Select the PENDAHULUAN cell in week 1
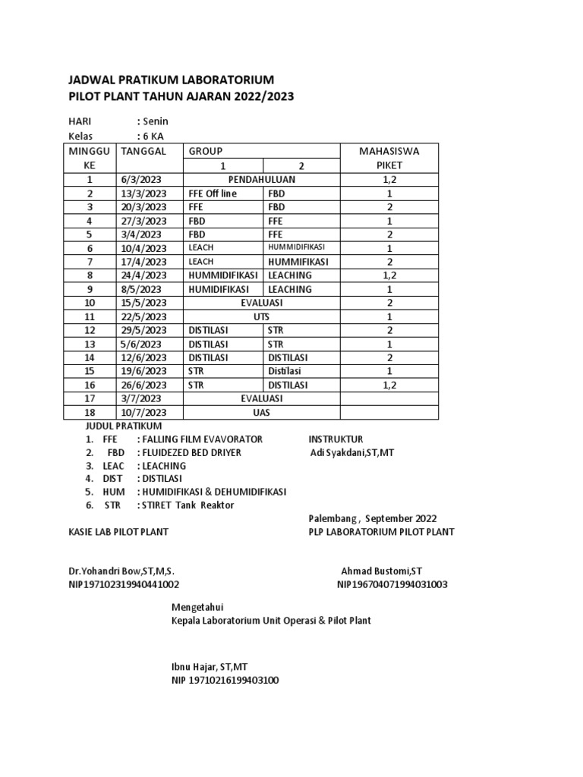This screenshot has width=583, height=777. (263, 180)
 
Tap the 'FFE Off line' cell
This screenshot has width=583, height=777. (213, 193)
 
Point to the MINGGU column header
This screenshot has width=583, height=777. (90, 151)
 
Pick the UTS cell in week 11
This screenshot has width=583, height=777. (263, 316)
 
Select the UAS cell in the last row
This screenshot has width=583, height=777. (263, 412)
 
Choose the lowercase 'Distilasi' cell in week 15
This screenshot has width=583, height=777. (285, 371)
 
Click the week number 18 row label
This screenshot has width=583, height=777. (90, 412)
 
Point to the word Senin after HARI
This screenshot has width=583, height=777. (155, 121)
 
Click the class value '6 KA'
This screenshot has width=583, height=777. (152, 136)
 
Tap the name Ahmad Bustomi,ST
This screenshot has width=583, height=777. (376, 571)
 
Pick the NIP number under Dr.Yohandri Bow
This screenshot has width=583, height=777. (124, 584)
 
